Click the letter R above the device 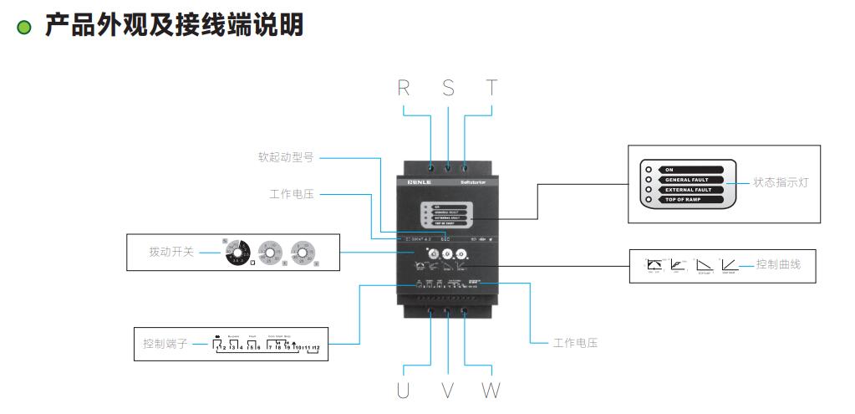404,89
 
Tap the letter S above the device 448,89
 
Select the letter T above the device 491,89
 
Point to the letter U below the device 403,390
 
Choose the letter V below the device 447,390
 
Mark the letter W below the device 491,390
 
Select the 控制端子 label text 165,344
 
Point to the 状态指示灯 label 781,181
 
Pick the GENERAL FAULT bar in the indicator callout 693,179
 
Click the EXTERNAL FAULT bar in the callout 694,190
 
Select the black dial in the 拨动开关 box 237,252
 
